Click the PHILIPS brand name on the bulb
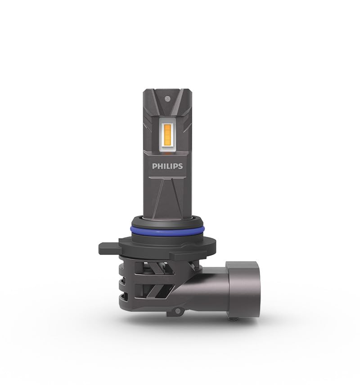pyautogui.click(x=167, y=166)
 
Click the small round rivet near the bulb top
pyautogui.click(x=167, y=97)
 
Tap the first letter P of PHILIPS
pyautogui.click(x=154, y=166)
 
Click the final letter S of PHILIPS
pyautogui.click(x=180, y=166)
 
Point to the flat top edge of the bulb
pyautogui.click(x=167, y=90)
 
